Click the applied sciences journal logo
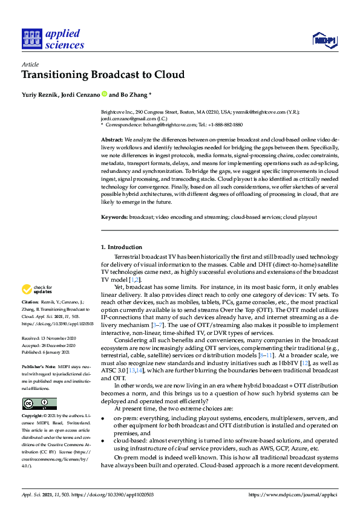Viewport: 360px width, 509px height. click(53, 39)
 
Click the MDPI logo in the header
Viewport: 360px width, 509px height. click(324, 40)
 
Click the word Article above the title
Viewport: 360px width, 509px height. click(30, 64)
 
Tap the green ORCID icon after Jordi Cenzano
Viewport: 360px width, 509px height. click(104, 94)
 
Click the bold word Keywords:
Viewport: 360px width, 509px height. click(114, 216)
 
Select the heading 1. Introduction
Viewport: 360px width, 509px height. click(122, 247)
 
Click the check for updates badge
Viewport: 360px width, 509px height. click(37, 290)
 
